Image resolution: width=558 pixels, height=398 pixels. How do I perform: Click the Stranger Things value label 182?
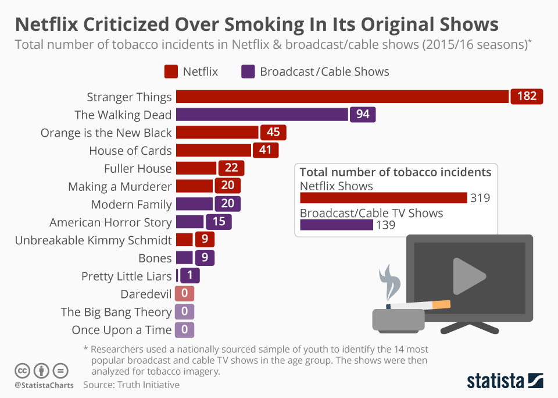click(527, 96)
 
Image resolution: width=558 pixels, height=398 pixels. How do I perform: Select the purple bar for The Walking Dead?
click(262, 114)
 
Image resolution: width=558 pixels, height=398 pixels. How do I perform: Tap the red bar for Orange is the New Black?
click(217, 132)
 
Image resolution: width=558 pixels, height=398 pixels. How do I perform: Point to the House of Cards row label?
click(130, 151)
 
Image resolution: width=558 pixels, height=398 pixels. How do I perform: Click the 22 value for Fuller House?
click(231, 168)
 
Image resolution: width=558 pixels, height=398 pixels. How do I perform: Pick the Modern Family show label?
click(131, 204)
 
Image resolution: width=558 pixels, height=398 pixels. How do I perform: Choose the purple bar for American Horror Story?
click(189, 222)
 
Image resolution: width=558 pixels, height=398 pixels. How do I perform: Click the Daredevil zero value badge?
click(184, 294)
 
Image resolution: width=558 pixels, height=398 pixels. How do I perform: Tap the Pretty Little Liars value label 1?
click(190, 276)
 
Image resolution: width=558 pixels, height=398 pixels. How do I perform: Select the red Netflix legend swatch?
click(171, 72)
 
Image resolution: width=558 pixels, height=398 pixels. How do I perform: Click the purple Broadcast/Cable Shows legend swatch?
click(248, 72)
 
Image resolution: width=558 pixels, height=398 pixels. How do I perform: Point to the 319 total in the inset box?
click(480, 198)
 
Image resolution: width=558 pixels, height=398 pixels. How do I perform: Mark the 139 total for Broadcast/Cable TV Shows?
click(386, 225)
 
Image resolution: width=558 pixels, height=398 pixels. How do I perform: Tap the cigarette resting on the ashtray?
click(419, 305)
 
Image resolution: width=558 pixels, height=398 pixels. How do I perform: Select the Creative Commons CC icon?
click(22, 370)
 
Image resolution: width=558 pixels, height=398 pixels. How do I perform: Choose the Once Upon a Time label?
click(121, 330)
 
